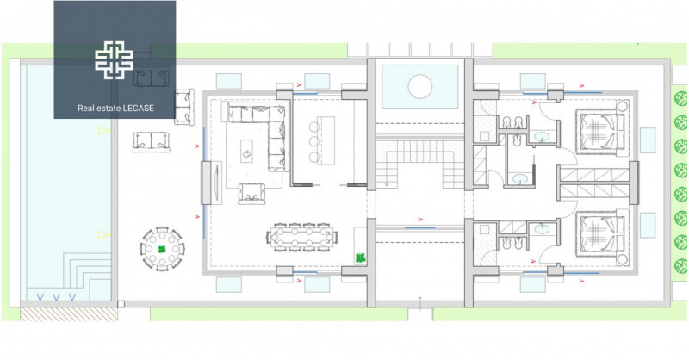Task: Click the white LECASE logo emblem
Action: [115, 60]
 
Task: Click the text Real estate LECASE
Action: [115, 109]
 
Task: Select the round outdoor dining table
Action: [162, 249]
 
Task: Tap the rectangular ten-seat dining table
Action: [302, 238]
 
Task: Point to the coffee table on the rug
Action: [246, 152]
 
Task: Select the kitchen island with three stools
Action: [326, 140]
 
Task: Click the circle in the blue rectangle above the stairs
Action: [420, 87]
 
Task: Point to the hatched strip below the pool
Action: [69, 313]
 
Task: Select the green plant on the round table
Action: [162, 249]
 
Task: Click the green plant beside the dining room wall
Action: [360, 258]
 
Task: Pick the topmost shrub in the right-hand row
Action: [680, 98]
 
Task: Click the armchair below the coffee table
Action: [251, 194]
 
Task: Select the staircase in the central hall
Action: [420, 163]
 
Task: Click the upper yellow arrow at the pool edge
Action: [103, 131]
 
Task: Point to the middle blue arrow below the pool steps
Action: [56, 298]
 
